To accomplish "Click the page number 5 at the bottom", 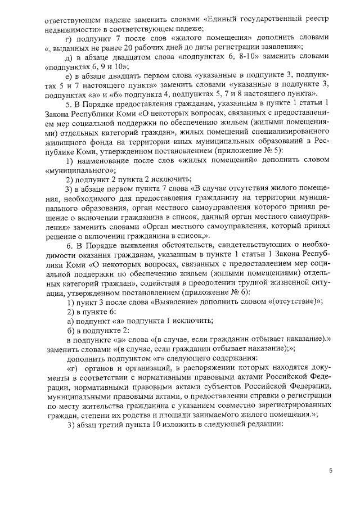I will click(x=331, y=471).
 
